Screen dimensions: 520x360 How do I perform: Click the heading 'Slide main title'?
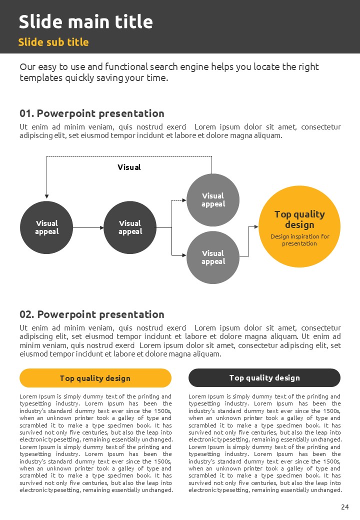coord(85,22)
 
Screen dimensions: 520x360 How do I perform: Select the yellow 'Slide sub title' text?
coord(53,42)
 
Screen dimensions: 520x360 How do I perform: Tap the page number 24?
coord(344,507)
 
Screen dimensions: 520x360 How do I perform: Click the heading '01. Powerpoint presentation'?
coord(92,113)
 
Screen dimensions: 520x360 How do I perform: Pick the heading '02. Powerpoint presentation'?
coord(92,314)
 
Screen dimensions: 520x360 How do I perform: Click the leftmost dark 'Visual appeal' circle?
coord(46,227)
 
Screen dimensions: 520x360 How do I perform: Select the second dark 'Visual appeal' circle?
coord(130,227)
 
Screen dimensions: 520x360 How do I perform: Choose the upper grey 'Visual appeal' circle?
coord(213,200)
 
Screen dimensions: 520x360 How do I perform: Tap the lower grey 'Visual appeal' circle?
coord(213,257)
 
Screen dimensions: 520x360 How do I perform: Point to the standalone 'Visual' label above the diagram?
coord(129,167)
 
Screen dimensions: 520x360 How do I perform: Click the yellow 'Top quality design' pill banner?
coord(95,378)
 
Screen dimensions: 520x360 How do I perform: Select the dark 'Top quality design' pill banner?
coord(264,378)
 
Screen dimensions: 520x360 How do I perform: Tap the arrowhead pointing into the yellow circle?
coord(256,226)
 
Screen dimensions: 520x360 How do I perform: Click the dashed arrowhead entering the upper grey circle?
coord(183,200)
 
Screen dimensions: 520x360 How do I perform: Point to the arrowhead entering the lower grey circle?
coord(183,255)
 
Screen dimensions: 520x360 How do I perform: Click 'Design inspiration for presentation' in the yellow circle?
coord(299,240)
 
